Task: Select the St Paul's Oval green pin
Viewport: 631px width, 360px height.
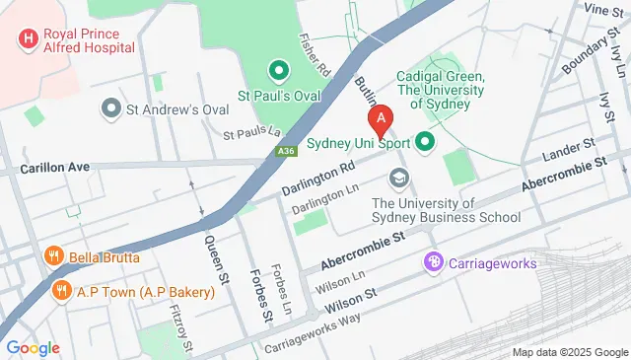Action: [x=278, y=71]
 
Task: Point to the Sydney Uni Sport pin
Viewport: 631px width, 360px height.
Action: [x=426, y=143]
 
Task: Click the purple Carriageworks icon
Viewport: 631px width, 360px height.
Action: [x=432, y=262]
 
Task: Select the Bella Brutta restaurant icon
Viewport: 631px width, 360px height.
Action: [x=54, y=258]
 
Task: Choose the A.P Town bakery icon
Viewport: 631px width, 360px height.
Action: [x=61, y=292]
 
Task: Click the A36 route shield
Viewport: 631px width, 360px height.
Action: [x=285, y=151]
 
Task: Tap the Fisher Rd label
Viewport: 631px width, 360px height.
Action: [x=314, y=57]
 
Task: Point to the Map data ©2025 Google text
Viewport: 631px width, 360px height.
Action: [x=569, y=352]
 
